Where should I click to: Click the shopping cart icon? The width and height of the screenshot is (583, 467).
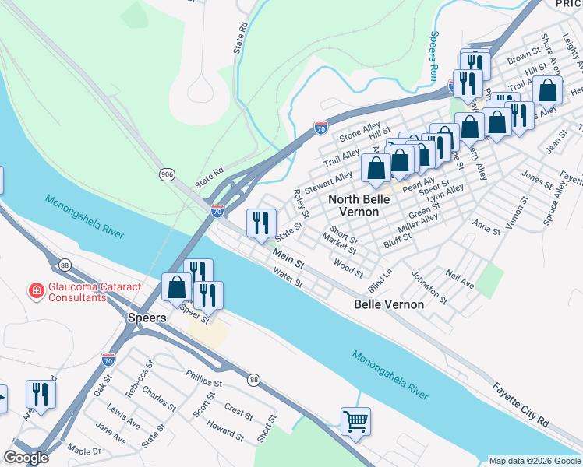(355, 422)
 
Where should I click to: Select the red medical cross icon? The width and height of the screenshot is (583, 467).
(36, 291)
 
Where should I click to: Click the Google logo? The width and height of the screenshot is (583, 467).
(25, 458)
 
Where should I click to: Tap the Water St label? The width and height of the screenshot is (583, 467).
(288, 276)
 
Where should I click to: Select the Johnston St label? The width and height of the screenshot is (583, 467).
(429, 287)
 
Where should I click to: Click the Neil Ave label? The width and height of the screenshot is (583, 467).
(461, 277)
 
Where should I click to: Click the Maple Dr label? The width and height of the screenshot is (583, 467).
(84, 451)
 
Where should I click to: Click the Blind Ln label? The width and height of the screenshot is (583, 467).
(381, 280)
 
